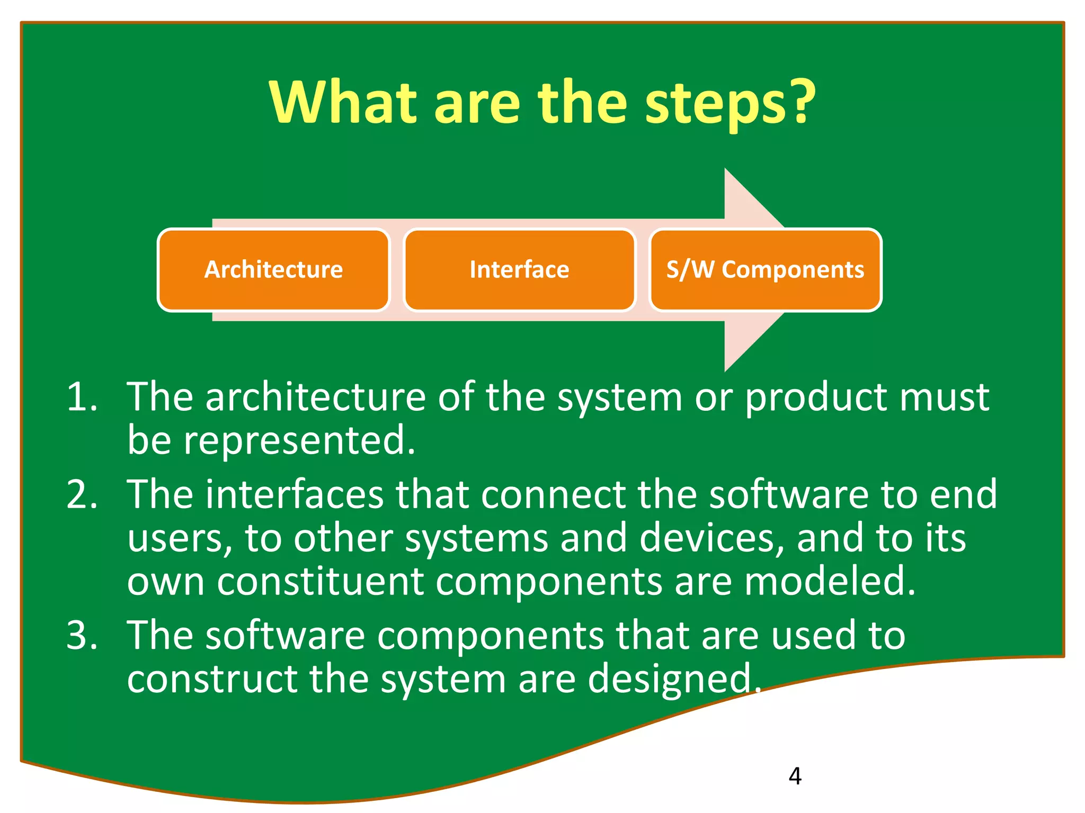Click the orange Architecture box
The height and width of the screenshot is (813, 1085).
tap(273, 270)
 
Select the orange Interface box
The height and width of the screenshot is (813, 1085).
tap(519, 270)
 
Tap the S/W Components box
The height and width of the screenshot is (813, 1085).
tap(765, 270)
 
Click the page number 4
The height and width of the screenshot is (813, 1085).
tap(795, 776)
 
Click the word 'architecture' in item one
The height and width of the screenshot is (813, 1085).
tap(315, 396)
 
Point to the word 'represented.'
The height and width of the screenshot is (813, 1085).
tap(299, 440)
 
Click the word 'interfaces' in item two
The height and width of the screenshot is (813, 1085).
tap(294, 494)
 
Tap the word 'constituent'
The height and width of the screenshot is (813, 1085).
tap(321, 581)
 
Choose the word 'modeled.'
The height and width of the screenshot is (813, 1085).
tap(830, 581)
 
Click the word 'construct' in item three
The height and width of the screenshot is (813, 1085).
tap(212, 679)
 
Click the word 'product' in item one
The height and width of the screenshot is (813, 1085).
tap(816, 398)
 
